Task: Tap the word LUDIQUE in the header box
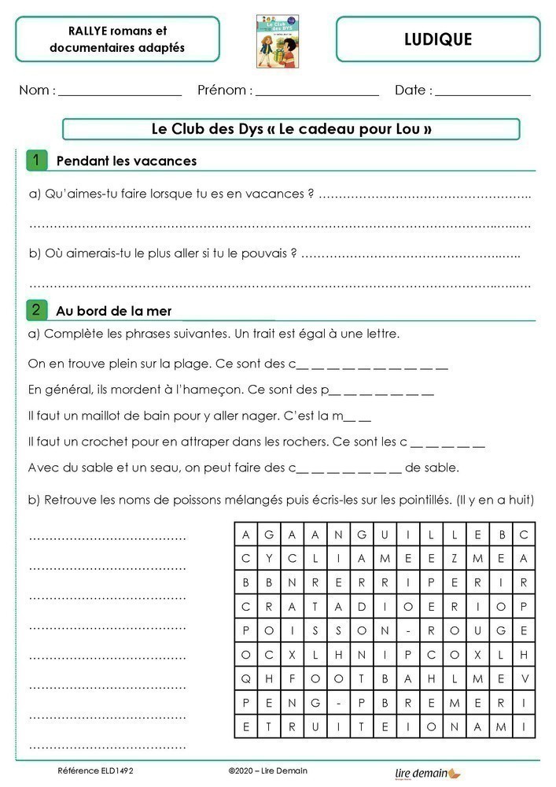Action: coord(439,39)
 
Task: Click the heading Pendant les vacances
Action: coord(126,161)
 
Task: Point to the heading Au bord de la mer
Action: coord(113,311)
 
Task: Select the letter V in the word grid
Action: coord(523,678)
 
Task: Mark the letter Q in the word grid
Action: coord(246,678)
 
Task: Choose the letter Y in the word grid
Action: coord(269,558)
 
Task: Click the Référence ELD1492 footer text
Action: coord(90,770)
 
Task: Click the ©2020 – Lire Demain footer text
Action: coord(267,770)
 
